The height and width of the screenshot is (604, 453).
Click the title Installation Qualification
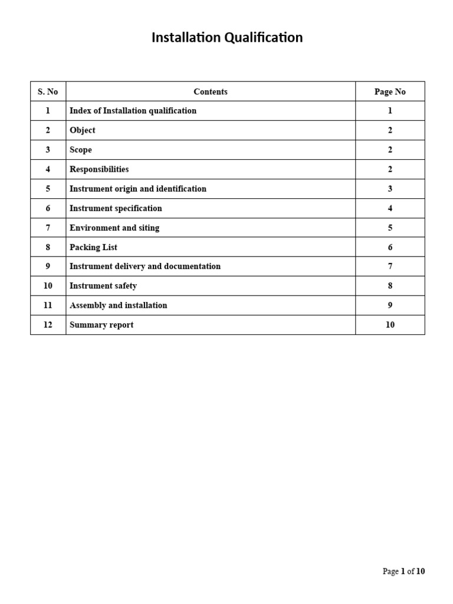(227, 38)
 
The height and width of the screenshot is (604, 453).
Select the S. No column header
(48, 91)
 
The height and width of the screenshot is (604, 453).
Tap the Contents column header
(211, 91)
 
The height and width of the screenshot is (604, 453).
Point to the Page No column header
(390, 91)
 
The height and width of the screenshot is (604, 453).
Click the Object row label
(82, 130)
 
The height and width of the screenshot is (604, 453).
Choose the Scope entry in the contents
(81, 150)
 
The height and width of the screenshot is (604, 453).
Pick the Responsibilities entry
(99, 169)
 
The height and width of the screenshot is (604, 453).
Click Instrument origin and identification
(138, 189)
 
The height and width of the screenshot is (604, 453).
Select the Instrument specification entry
(116, 208)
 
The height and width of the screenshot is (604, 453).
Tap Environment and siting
(114, 228)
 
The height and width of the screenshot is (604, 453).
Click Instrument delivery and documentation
(145, 267)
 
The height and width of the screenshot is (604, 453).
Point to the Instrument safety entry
(103, 286)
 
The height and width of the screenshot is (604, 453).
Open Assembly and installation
(118, 306)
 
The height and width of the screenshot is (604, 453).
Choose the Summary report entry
(101, 325)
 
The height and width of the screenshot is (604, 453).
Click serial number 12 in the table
(48, 325)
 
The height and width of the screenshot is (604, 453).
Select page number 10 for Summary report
(390, 325)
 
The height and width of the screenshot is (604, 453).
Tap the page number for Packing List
(390, 247)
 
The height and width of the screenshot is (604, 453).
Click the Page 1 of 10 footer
(403, 572)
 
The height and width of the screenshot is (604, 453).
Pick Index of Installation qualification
(133, 111)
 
